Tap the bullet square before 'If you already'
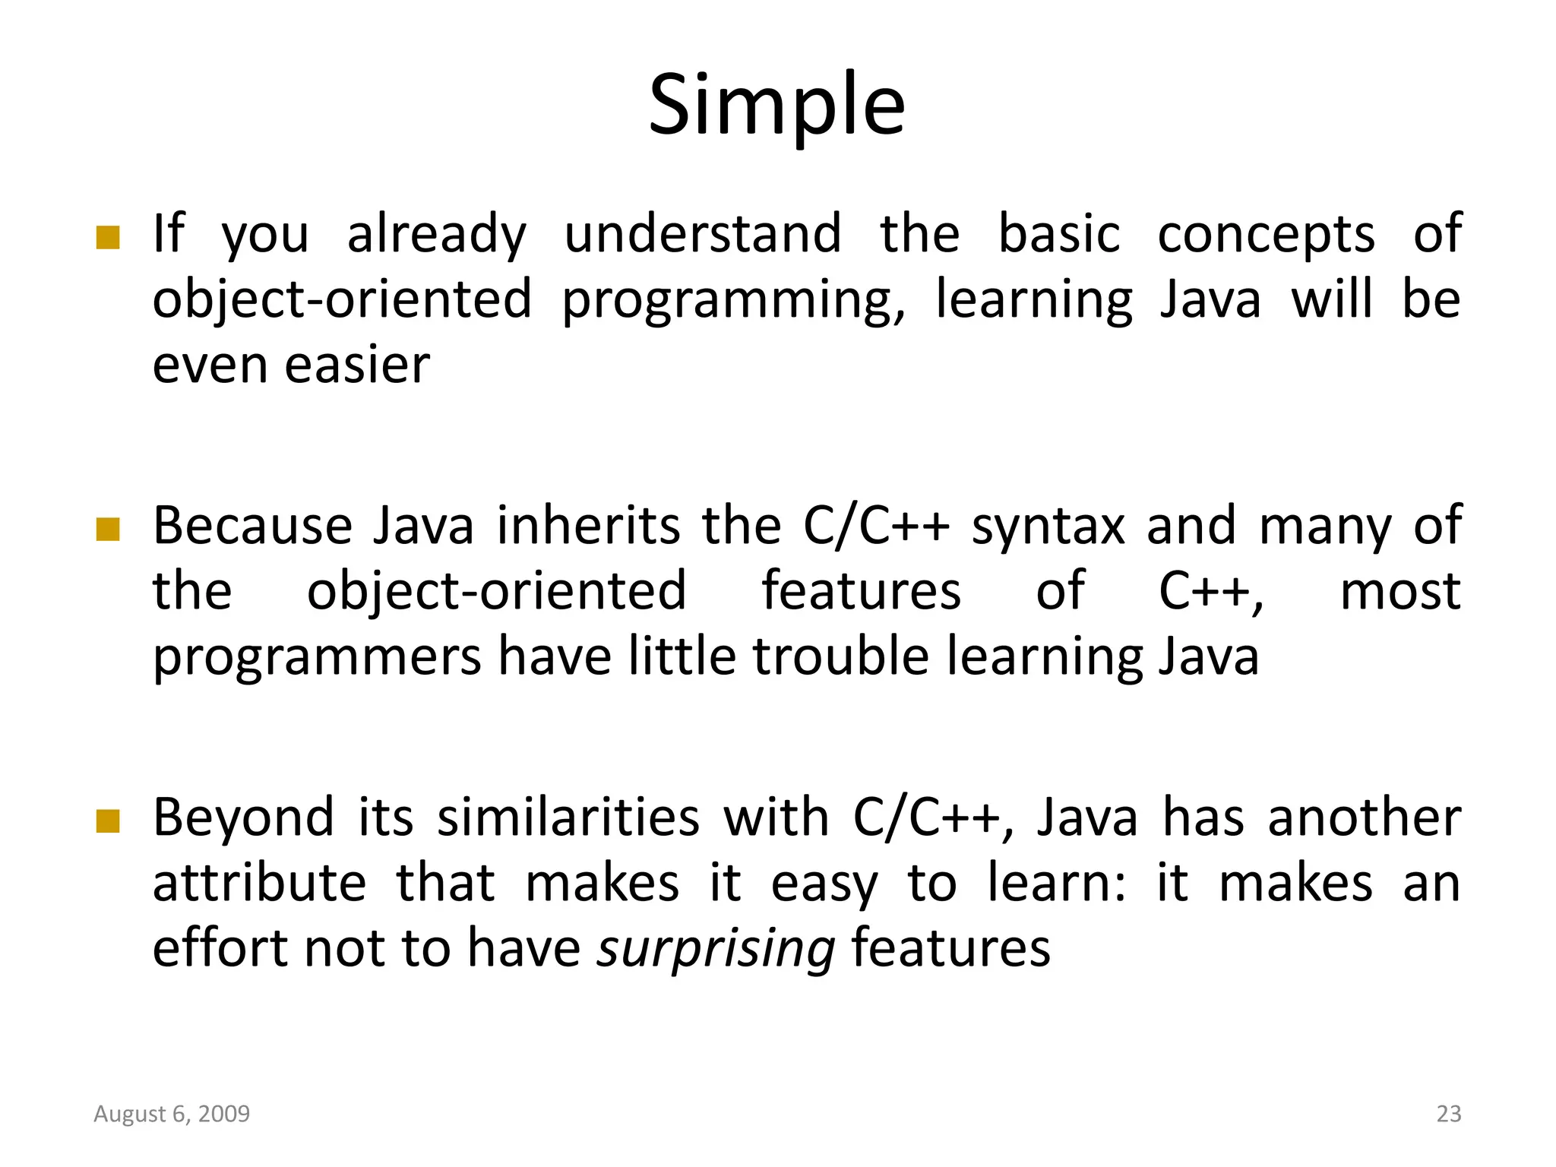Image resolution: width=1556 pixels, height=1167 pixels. coord(109,238)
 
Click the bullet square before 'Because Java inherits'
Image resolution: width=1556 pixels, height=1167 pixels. coord(109,530)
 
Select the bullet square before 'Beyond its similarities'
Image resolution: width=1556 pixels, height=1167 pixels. coord(109,821)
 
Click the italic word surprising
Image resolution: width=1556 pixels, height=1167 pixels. coord(716,949)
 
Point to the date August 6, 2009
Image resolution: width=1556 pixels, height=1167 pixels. coord(172,1114)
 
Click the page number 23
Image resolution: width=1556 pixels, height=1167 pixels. coord(1449,1114)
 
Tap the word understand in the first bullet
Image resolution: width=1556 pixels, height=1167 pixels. coord(703,233)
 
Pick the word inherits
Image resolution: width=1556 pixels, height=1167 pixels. coord(589,526)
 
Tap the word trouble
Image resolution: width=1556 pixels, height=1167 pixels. coord(841,656)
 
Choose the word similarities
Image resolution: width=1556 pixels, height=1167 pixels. coord(568,818)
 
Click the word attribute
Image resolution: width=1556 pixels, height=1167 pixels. coord(260,883)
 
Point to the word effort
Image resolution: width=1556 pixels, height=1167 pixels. coord(220,948)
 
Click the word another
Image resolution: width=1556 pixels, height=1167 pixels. coord(1364,818)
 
